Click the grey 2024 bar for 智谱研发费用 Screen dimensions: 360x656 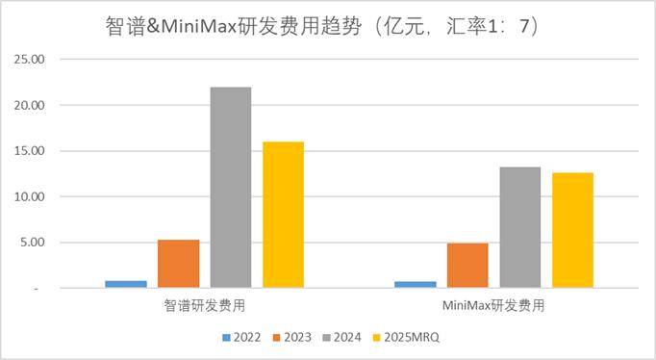coord(231,188)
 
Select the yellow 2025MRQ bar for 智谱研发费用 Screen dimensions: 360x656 coord(283,215)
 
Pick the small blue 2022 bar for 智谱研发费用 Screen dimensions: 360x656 coord(127,284)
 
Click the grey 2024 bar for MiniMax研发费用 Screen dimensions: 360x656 coord(520,227)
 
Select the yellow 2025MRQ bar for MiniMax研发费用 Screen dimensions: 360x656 coord(572,230)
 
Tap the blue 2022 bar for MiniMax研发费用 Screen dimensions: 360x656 coord(416,284)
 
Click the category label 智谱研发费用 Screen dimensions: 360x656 coord(204,306)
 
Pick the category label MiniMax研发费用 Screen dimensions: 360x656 coord(493,306)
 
